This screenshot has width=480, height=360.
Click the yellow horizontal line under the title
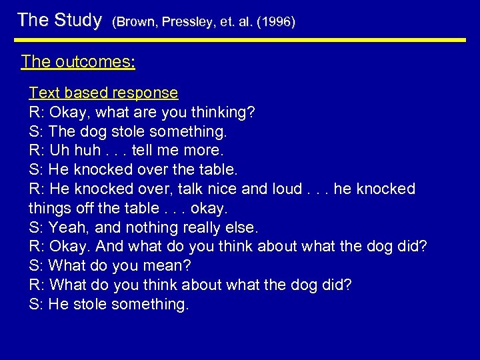(x=240, y=40)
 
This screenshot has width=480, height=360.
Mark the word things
(x=49, y=208)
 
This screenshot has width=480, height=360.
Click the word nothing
(x=147, y=227)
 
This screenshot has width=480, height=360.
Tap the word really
(x=201, y=227)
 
